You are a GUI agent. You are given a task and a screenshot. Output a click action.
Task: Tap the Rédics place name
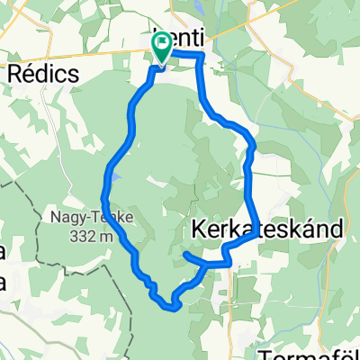[x=42, y=74]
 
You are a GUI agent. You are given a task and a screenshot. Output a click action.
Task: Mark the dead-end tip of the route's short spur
[x=185, y=255]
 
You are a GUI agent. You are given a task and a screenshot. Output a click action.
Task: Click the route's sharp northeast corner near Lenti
[x=202, y=56]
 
